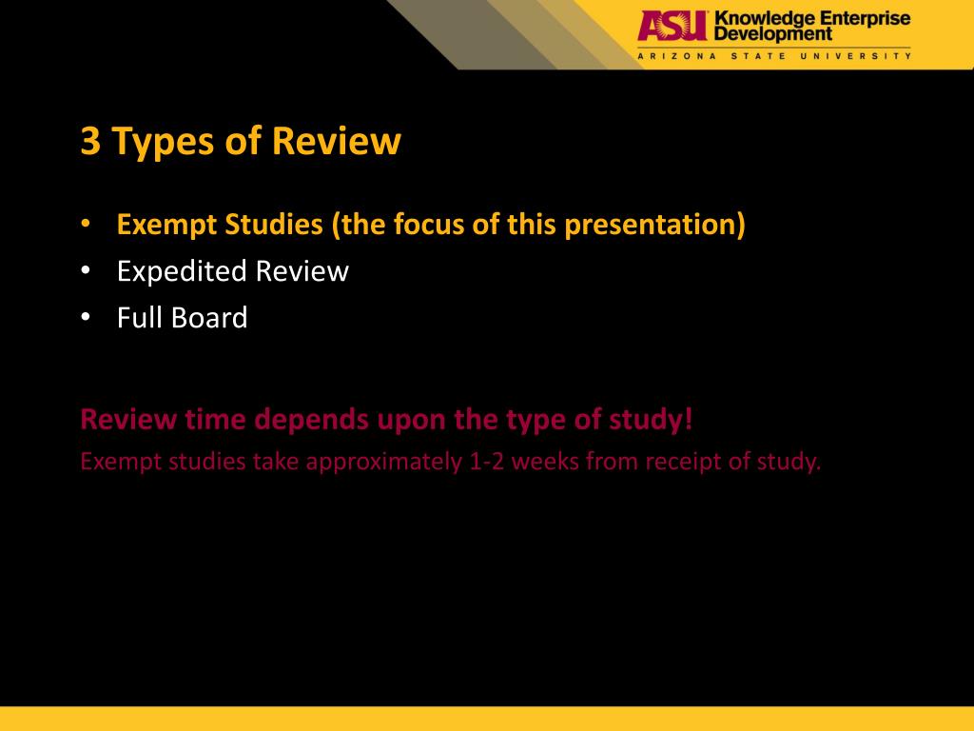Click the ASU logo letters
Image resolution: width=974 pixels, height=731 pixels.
pyautogui.click(x=672, y=26)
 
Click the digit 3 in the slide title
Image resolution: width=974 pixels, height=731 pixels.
pyautogui.click(x=90, y=143)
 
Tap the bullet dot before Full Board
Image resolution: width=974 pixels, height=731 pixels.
pyautogui.click(x=86, y=317)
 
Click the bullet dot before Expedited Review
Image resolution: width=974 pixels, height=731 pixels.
pyautogui.click(x=86, y=271)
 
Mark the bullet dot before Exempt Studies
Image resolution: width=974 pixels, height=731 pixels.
pyautogui.click(x=86, y=226)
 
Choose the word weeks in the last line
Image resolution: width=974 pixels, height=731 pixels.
pyautogui.click(x=548, y=463)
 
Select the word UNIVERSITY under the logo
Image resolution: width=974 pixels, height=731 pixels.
pyautogui.click(x=869, y=56)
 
